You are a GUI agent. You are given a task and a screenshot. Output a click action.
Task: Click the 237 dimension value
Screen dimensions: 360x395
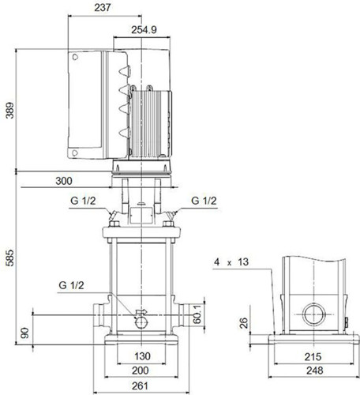[103, 8]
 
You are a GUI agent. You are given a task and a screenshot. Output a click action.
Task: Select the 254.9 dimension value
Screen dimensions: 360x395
[144, 30]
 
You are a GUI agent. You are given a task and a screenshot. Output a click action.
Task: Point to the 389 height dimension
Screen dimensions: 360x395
[9, 111]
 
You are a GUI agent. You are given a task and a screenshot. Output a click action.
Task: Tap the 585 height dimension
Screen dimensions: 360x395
[9, 258]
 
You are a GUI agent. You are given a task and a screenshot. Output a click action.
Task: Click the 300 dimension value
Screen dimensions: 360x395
[64, 181]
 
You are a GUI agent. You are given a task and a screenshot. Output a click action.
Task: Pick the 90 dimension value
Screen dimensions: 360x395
[24, 333]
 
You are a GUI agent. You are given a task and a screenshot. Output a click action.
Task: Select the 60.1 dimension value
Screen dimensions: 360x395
[197, 314]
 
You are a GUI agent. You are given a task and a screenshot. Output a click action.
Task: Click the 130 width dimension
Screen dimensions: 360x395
[142, 356]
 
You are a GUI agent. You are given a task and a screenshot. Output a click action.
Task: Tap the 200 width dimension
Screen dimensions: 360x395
[141, 371]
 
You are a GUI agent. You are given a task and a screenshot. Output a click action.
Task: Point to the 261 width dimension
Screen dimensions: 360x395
[140, 386]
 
